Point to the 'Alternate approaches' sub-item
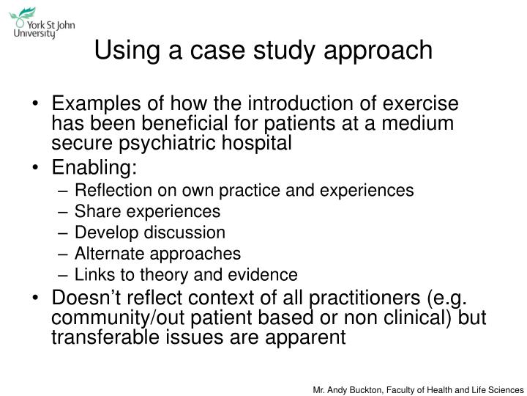157,254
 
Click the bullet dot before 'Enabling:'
38,168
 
